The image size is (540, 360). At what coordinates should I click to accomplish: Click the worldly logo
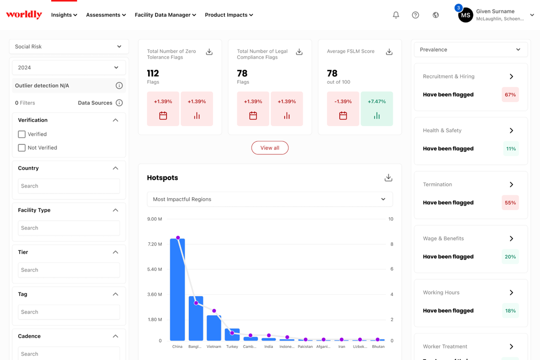(x=24, y=14)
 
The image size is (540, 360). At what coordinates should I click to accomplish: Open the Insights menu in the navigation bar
(x=64, y=15)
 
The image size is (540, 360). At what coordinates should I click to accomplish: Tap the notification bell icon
(x=396, y=15)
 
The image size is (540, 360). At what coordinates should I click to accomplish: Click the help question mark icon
(x=416, y=15)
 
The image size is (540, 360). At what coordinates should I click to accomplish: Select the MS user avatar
(x=466, y=15)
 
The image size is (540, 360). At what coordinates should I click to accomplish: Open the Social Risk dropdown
(x=69, y=46)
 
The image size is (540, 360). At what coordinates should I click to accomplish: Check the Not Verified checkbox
(x=22, y=148)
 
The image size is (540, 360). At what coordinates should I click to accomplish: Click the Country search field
(x=69, y=186)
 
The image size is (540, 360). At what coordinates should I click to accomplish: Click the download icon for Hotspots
(x=389, y=178)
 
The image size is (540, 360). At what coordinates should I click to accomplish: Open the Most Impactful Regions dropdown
(x=269, y=199)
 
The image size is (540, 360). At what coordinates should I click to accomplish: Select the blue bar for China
(x=177, y=289)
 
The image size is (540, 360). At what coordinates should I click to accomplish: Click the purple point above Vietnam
(x=214, y=311)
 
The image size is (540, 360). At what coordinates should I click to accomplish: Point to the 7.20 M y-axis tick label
(x=155, y=244)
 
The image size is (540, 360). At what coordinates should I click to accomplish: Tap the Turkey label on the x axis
(x=232, y=347)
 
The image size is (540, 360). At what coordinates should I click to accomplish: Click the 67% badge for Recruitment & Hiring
(x=510, y=95)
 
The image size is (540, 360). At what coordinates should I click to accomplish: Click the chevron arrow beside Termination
(x=512, y=184)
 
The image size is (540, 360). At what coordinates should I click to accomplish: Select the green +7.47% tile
(x=377, y=109)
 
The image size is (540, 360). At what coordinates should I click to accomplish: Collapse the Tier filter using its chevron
(x=115, y=252)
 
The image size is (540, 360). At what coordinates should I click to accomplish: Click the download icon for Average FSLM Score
(x=389, y=52)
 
